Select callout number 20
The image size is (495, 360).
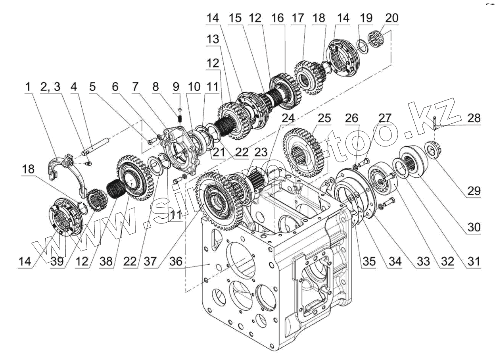(x=391, y=18)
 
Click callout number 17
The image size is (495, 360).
(x=297, y=18)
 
